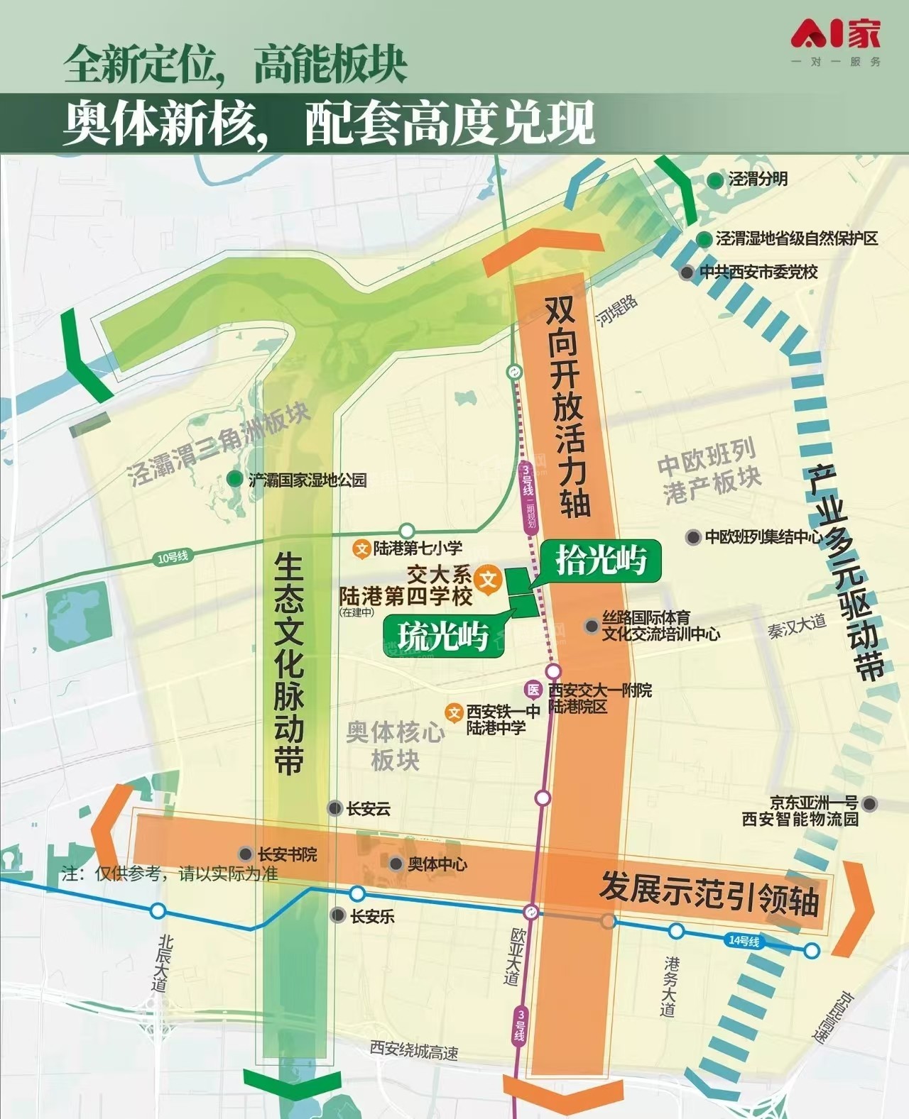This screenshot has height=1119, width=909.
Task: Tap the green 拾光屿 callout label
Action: pos(601,560)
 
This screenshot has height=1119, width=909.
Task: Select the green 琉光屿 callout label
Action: pos(443,635)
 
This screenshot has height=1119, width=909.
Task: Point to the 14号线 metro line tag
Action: pos(744,941)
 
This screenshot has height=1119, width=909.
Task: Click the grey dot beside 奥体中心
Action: pos(396,864)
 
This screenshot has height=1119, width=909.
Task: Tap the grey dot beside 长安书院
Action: pos(246,854)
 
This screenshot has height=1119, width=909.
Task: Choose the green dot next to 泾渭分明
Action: pos(715,180)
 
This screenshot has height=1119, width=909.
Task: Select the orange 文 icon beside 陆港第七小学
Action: pos(362,549)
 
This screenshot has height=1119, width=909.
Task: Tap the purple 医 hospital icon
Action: pos(533,690)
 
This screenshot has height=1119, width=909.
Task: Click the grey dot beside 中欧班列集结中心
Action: pos(693,537)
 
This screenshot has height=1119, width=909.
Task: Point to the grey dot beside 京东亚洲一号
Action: pos(870,804)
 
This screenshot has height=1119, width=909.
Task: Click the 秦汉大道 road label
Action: pos(797,627)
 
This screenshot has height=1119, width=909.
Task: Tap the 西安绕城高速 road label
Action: pos(414,1049)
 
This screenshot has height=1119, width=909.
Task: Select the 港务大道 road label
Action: pos(669,986)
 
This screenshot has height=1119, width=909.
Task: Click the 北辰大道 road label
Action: pos(163,963)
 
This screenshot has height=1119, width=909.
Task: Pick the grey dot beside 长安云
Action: pos(335,808)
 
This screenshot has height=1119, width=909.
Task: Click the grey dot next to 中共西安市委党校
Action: pos(687,272)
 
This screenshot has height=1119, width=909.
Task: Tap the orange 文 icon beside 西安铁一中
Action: pos(454,712)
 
